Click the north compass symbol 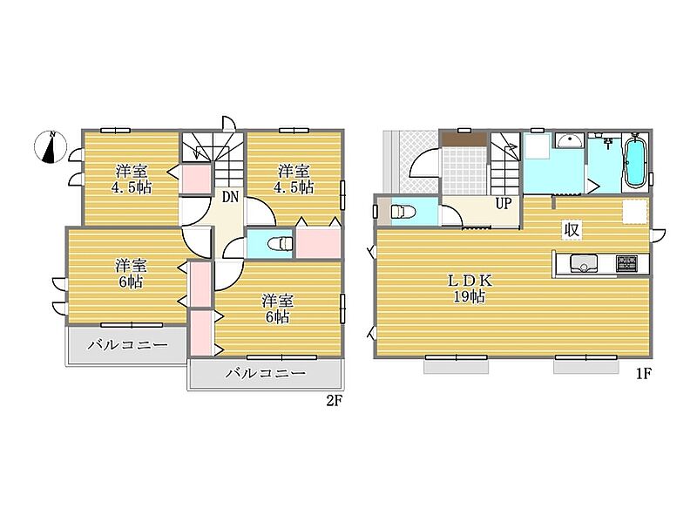[x=51, y=146]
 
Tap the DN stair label [x=230, y=197]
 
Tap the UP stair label [x=504, y=204]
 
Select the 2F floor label [x=335, y=401]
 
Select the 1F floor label [x=643, y=374]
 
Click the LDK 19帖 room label [x=470, y=288]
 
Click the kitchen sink [x=584, y=264]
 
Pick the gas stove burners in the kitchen [x=626, y=263]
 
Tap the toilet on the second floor [x=281, y=244]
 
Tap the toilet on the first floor [x=403, y=211]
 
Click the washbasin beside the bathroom [x=570, y=141]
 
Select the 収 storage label [x=572, y=230]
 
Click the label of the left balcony [x=127, y=344]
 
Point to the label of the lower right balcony [x=266, y=373]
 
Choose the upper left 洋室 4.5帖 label [x=132, y=180]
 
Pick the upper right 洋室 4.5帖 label [x=294, y=180]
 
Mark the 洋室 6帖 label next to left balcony [x=131, y=274]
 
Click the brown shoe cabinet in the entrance [x=464, y=139]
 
